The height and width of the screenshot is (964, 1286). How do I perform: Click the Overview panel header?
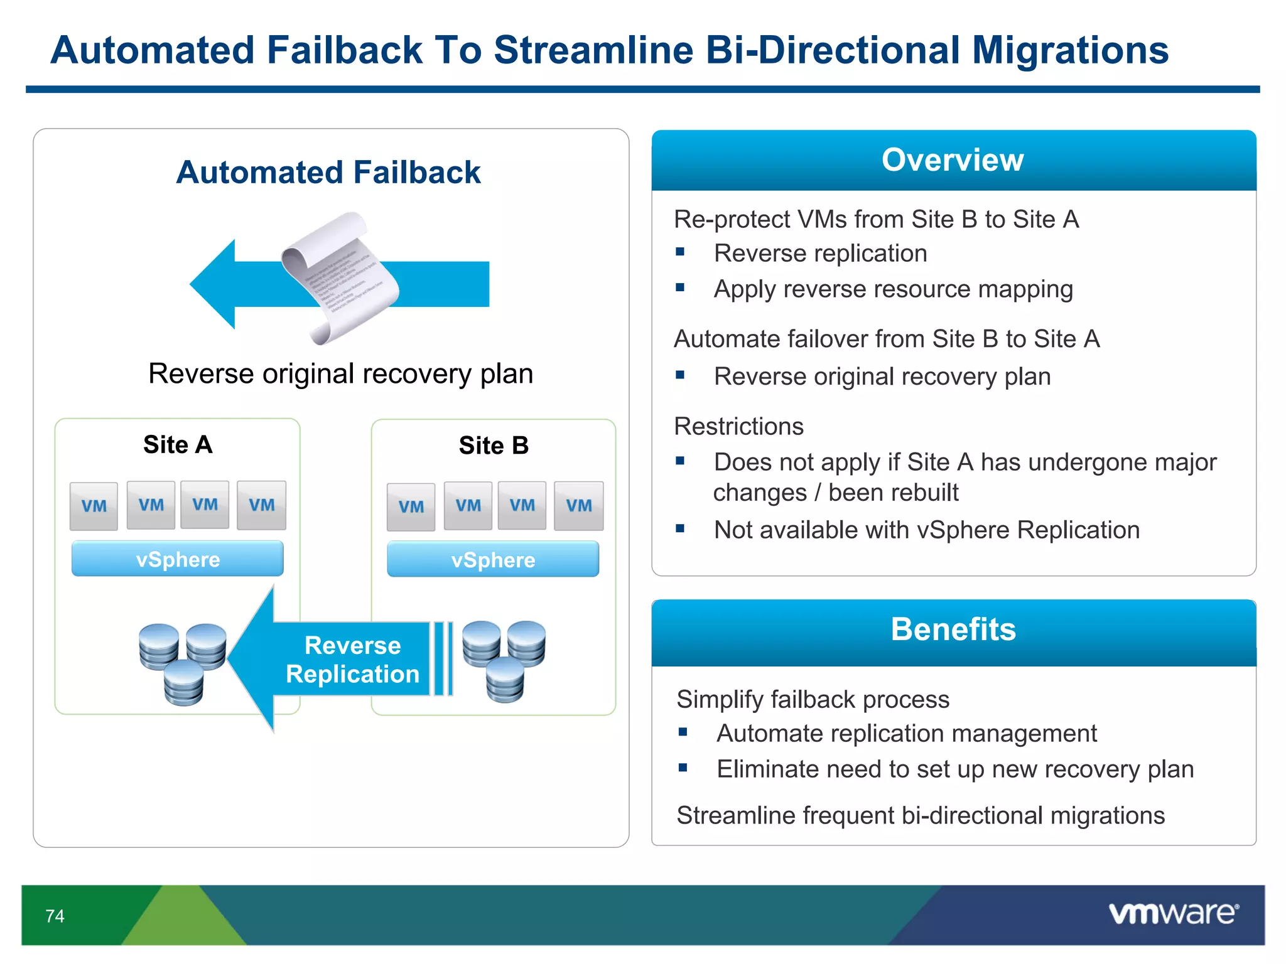(x=953, y=160)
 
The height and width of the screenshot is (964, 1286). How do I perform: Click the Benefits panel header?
(x=953, y=629)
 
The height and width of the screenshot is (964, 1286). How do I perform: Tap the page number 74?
(x=55, y=916)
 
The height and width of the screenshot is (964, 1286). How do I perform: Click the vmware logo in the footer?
(x=1173, y=913)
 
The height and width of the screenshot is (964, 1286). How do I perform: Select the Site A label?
(x=178, y=445)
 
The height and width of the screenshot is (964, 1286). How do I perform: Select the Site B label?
(x=494, y=446)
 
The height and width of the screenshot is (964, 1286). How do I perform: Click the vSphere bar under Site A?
(x=178, y=559)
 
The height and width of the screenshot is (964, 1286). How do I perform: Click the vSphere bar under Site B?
(x=493, y=560)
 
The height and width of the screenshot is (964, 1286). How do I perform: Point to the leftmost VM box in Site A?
(x=94, y=506)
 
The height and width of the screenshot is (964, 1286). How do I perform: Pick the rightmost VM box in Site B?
(x=578, y=506)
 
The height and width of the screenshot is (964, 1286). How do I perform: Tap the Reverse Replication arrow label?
(x=352, y=660)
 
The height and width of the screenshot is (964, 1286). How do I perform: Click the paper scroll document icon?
(x=340, y=278)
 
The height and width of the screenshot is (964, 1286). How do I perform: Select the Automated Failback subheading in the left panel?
(x=328, y=173)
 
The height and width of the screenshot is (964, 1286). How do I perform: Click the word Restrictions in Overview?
(x=738, y=427)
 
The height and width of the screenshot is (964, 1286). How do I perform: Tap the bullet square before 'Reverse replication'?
(x=680, y=252)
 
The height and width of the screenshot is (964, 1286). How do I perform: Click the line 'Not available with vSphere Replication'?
(x=926, y=530)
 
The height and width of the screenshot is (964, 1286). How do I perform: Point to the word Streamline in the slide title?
(x=593, y=50)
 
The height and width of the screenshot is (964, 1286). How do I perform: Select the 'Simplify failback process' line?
(x=813, y=700)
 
